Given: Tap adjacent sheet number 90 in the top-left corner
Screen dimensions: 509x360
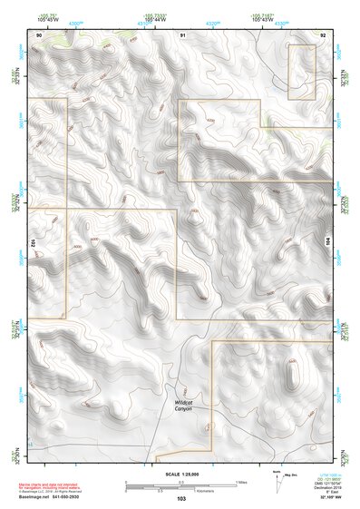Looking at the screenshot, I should tap(39, 34).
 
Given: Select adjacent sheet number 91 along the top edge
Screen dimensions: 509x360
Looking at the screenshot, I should tap(182, 34).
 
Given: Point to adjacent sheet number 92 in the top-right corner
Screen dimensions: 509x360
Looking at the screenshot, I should tap(322, 34).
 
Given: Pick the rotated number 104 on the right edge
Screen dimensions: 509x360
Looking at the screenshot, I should tap(328, 241).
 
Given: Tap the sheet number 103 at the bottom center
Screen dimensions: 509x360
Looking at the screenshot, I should tap(181, 499).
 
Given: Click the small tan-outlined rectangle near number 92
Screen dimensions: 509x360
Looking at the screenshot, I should tap(302, 73).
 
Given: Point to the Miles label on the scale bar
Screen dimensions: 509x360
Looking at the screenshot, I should tap(239, 482).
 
